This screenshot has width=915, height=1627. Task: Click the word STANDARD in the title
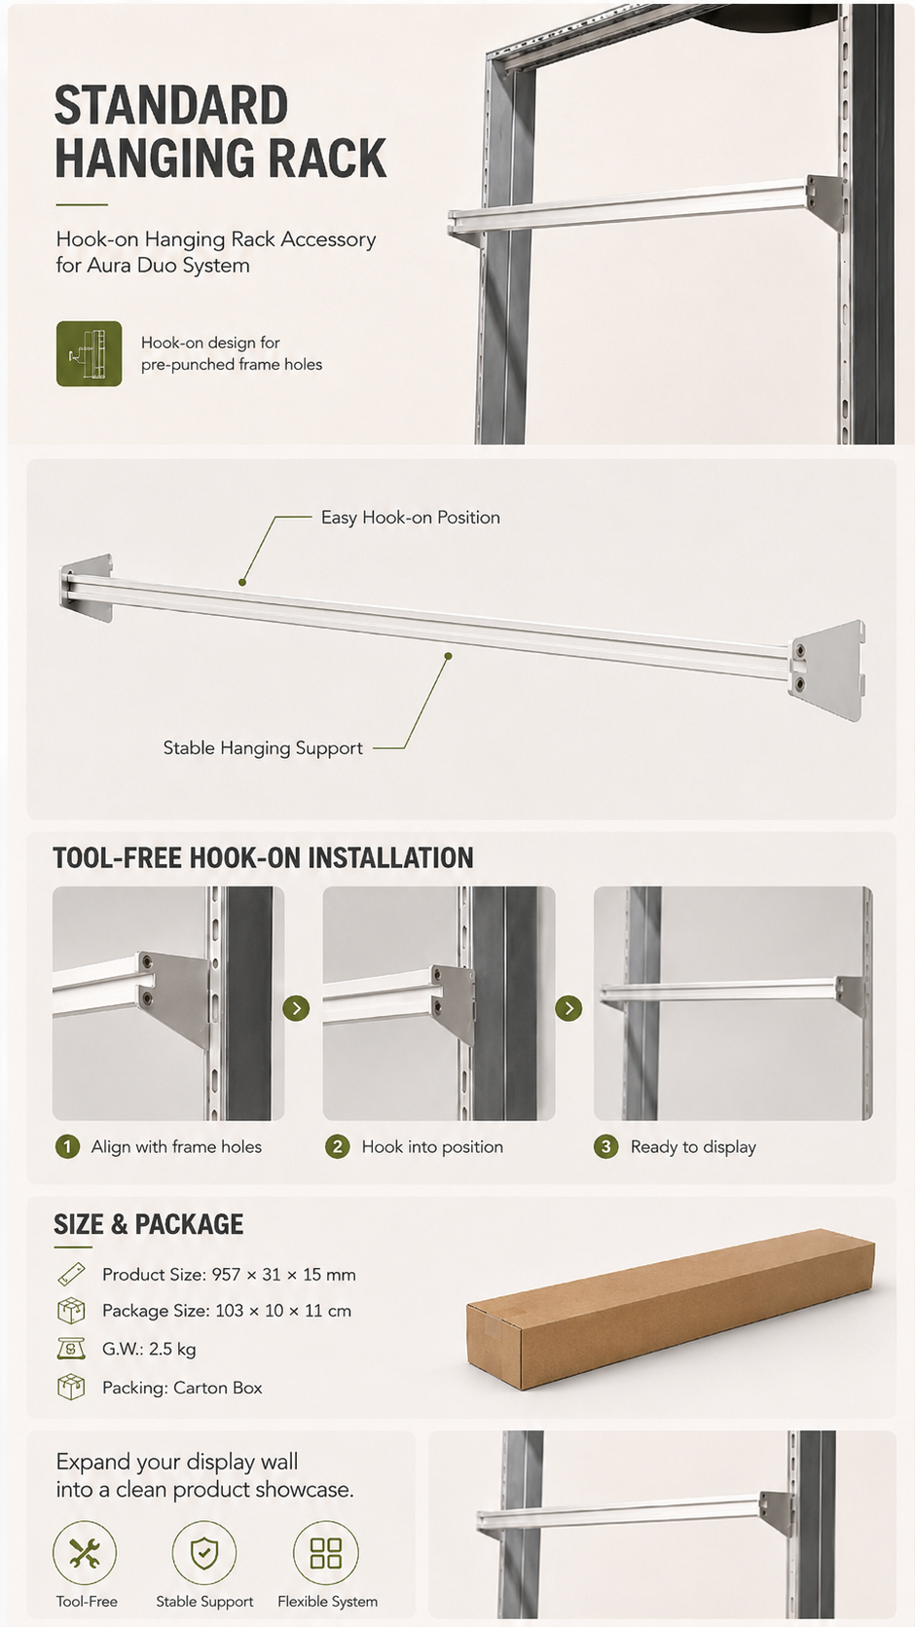171,105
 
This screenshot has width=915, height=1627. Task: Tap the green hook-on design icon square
90,354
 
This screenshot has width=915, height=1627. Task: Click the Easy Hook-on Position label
411,517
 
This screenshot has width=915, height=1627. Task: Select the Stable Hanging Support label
263,748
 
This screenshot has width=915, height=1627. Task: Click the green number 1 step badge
67,1147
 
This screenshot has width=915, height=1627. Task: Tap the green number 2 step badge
337,1147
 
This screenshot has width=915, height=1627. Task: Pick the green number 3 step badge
606,1147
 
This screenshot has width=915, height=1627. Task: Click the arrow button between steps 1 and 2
297,1008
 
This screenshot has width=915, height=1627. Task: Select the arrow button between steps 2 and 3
568,1008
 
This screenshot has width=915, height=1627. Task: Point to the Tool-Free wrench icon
85,1554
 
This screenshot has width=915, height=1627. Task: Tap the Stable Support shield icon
204,1554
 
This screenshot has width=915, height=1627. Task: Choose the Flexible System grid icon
326,1554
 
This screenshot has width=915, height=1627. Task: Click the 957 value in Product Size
226,1275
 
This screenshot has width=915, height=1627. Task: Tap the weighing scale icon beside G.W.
71,1349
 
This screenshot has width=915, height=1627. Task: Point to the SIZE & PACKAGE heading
148,1224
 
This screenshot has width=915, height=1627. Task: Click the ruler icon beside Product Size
71,1274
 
